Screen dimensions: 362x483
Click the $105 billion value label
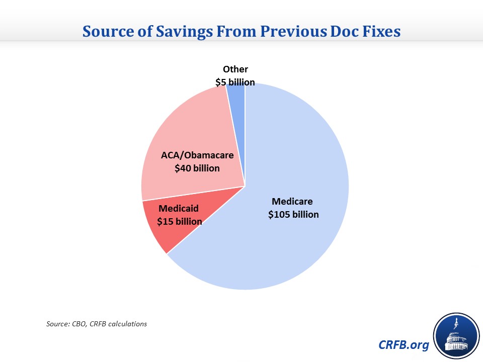tap(293, 215)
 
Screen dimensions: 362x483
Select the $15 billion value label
tap(180, 221)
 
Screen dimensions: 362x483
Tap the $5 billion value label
tap(235, 82)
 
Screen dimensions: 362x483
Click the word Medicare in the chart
tap(292, 202)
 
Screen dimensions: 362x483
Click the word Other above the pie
tap(235, 69)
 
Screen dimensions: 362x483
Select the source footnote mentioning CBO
tap(96, 324)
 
